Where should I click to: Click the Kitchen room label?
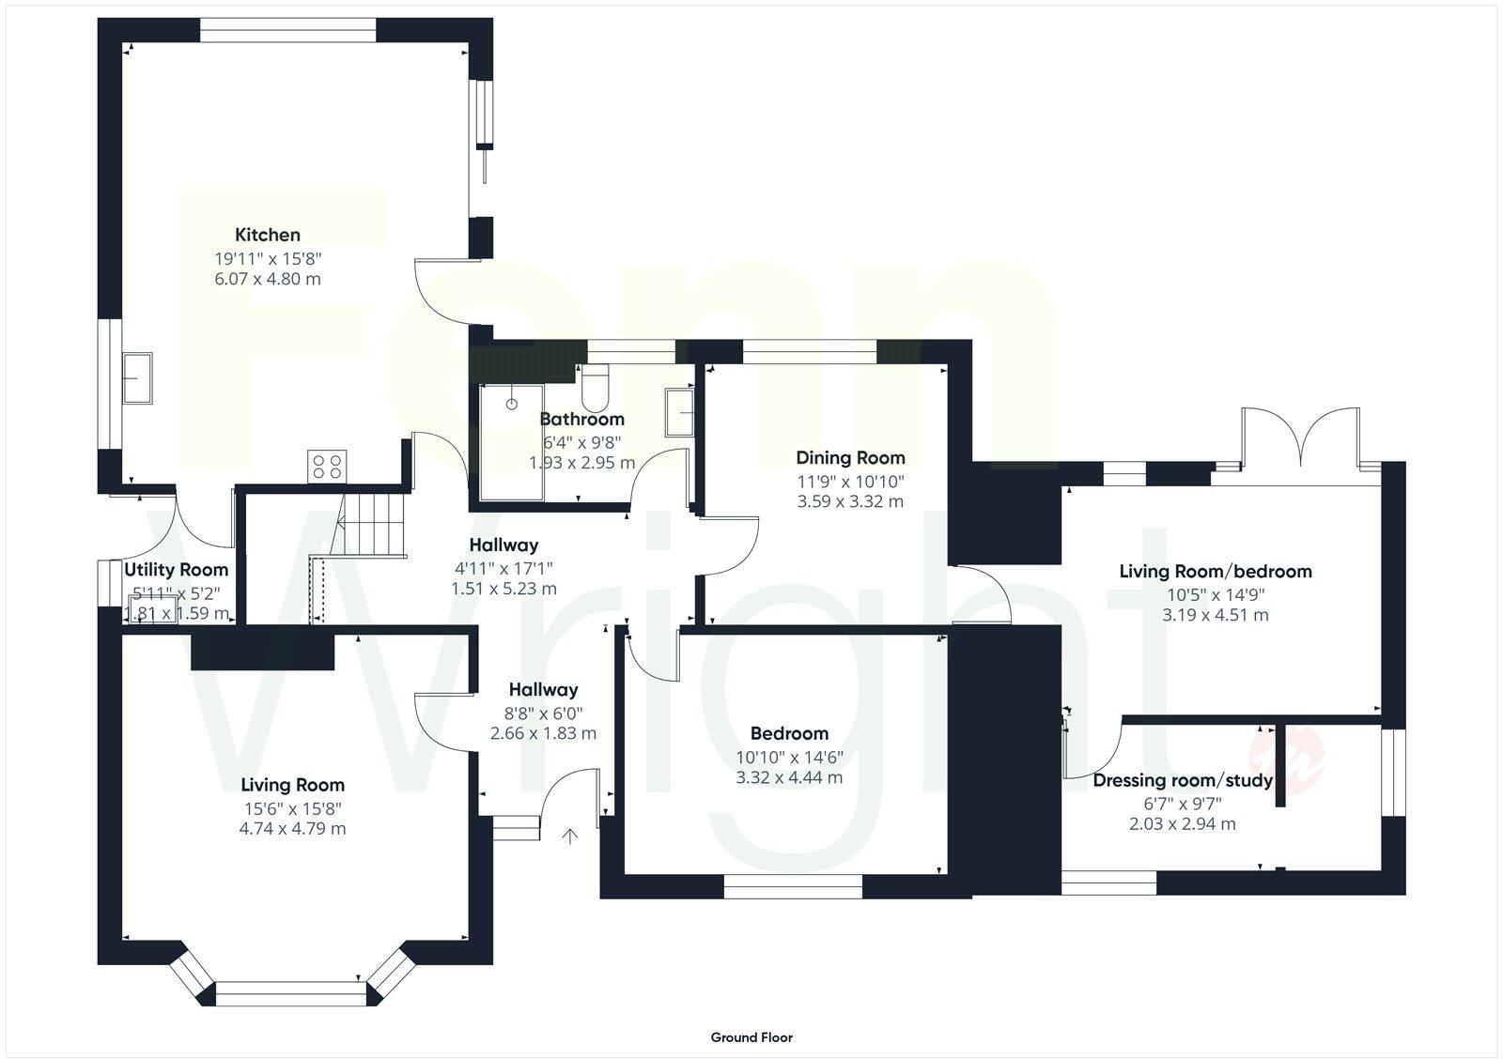point(268,235)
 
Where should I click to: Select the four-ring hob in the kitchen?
point(328,466)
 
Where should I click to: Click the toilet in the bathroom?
point(596,382)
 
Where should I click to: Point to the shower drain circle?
point(512,404)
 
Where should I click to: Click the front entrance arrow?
point(570,836)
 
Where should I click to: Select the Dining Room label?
point(850,458)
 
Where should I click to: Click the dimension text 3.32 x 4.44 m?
point(789,777)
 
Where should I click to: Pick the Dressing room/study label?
point(1182,780)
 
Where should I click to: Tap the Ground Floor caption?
point(751,1037)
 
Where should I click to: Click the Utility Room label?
point(177,570)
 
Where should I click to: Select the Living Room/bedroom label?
point(1215,571)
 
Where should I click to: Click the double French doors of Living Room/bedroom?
point(1299,438)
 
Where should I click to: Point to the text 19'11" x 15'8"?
point(268,257)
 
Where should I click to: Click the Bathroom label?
point(581,419)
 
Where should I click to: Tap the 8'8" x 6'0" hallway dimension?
point(543,713)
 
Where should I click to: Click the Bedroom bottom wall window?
point(793,886)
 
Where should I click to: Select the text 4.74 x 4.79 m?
point(293,829)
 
